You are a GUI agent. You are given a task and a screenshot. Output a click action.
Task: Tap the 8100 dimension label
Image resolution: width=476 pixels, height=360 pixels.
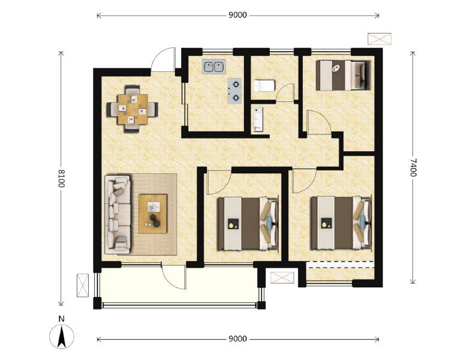point(61,178)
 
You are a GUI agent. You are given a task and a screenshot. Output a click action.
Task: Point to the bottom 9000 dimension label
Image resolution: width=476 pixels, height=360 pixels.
point(237,338)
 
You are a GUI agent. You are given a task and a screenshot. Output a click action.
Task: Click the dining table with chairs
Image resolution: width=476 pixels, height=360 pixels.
point(132,109)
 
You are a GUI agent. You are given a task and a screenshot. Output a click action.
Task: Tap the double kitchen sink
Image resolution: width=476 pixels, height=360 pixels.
point(213,66)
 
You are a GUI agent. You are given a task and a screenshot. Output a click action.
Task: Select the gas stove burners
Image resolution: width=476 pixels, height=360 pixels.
point(235,90)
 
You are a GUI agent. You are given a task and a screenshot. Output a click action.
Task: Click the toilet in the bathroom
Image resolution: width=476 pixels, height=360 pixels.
point(264,85)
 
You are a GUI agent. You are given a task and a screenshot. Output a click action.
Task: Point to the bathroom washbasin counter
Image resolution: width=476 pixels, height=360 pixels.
point(259,119)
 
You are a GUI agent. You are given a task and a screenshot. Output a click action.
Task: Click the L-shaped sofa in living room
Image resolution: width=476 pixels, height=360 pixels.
point(118,213)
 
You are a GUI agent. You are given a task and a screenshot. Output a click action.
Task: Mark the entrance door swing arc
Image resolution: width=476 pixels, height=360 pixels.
point(162,62)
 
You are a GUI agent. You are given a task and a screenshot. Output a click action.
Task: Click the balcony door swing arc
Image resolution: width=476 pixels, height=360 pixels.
point(174,277)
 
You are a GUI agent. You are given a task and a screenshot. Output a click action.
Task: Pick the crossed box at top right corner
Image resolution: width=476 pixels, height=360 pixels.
point(379,38)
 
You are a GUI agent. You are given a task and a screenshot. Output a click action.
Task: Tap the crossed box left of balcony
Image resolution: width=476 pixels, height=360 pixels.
point(83,285)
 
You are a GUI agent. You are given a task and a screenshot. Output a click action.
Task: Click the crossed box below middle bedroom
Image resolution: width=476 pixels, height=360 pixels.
point(282,277)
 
